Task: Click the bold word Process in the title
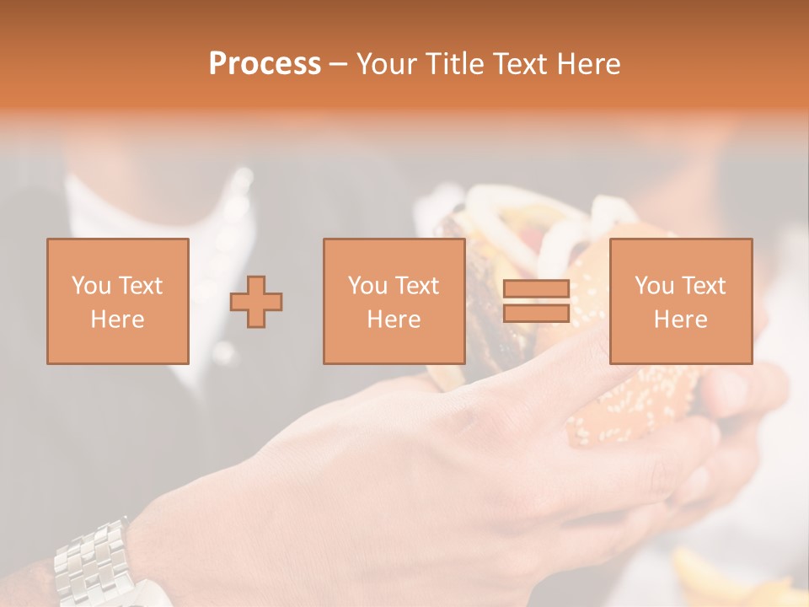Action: (x=265, y=64)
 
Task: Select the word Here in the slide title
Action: (x=588, y=64)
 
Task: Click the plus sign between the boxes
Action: (x=256, y=301)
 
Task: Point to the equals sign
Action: (x=536, y=301)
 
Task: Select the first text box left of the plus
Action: (x=118, y=301)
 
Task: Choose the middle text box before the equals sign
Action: (x=394, y=301)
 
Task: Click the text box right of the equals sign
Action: (x=681, y=301)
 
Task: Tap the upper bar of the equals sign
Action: (x=536, y=289)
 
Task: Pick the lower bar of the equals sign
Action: (x=536, y=313)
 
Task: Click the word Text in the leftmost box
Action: (x=140, y=286)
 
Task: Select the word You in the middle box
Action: (x=367, y=286)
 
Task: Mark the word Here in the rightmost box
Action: (x=681, y=320)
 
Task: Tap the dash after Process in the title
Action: (x=339, y=64)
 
